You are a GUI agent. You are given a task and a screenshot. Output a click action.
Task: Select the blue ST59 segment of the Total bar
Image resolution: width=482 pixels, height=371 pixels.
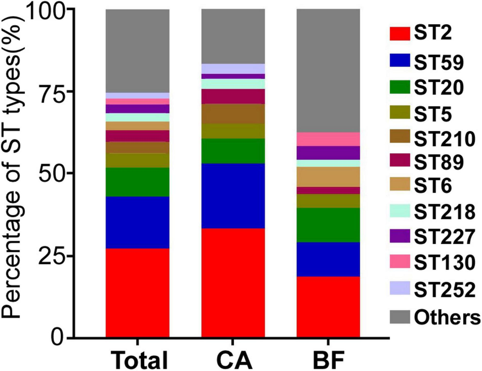click(x=137, y=222)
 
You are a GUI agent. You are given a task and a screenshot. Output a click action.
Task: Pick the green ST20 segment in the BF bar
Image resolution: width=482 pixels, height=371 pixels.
click(x=328, y=225)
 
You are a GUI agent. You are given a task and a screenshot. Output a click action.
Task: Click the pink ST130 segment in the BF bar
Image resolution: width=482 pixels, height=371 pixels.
click(x=328, y=139)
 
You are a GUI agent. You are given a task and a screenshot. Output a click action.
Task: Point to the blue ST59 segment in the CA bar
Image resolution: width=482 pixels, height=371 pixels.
click(x=233, y=196)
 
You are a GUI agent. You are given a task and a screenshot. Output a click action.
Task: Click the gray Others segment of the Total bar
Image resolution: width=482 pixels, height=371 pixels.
click(x=137, y=51)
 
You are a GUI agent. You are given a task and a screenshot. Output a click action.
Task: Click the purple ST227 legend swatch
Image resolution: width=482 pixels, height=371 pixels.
click(x=400, y=237)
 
